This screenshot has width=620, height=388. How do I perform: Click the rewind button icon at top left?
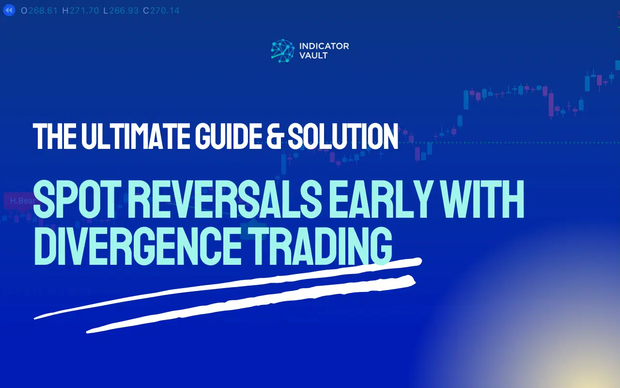[9, 10]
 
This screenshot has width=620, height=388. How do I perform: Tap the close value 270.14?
[165, 10]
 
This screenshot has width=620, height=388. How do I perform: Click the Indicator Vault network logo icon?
[282, 51]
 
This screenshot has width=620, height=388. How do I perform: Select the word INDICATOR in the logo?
[324, 47]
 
